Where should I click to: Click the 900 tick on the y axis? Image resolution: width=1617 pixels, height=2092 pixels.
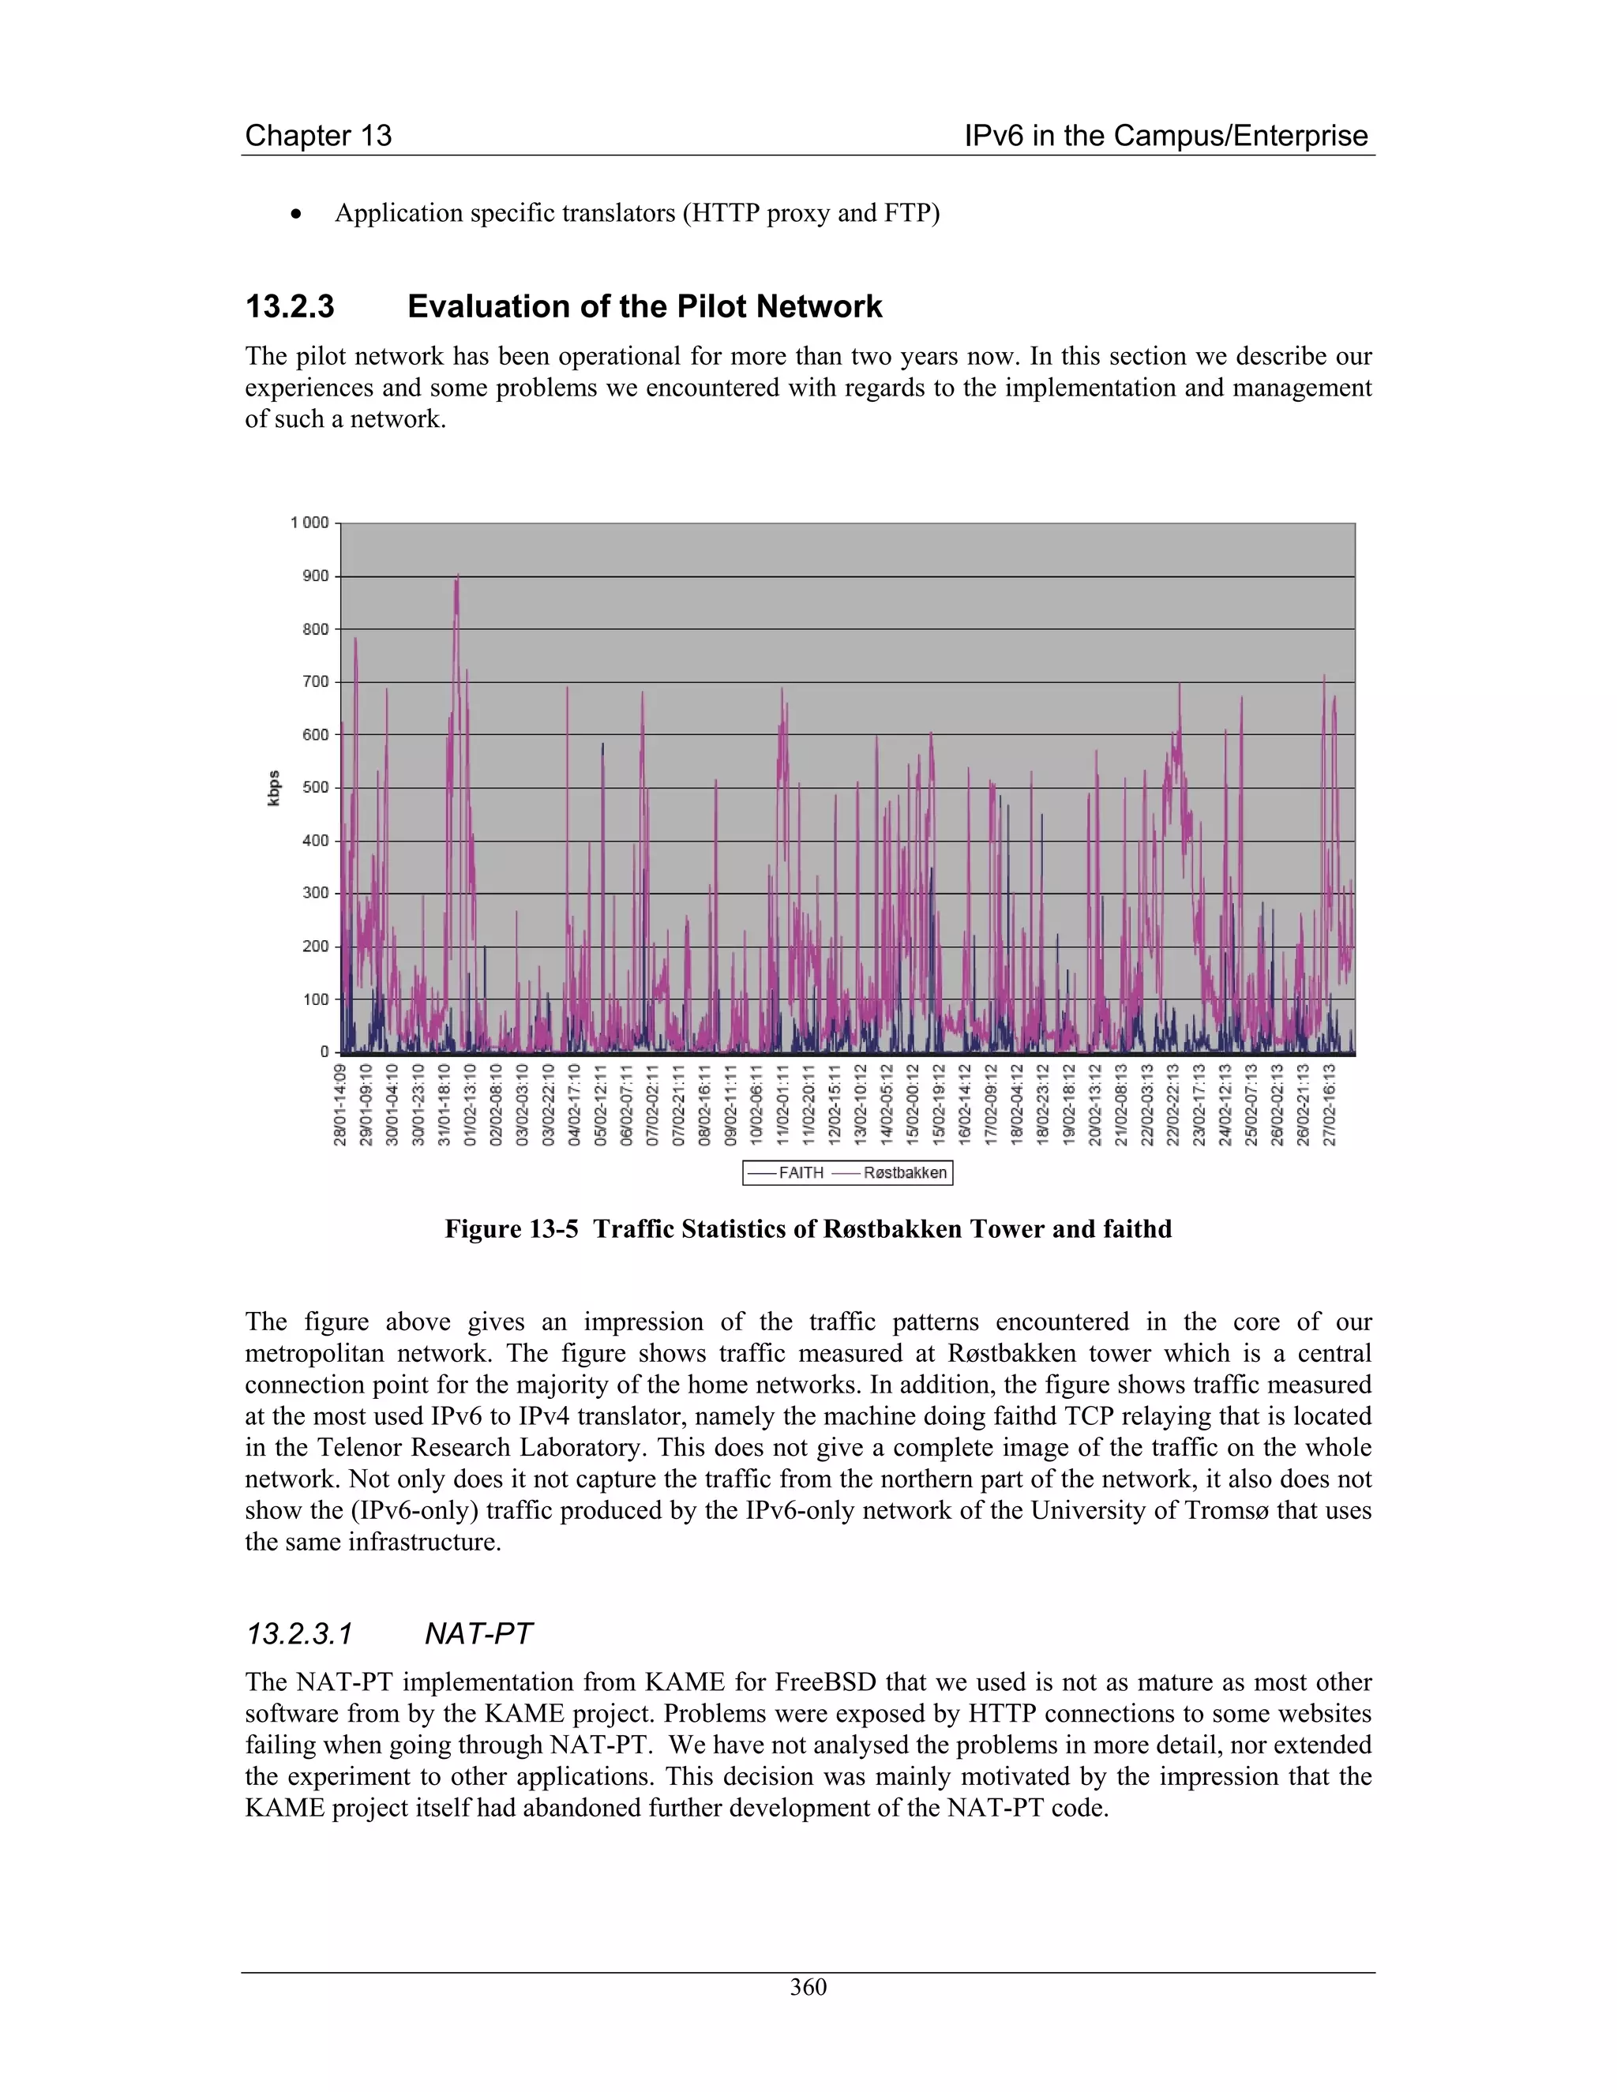pyautogui.click(x=315, y=575)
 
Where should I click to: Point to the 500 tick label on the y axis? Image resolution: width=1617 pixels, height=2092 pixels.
pyautogui.click(x=315, y=787)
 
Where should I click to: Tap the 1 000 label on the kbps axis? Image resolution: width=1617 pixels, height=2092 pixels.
pyautogui.click(x=309, y=522)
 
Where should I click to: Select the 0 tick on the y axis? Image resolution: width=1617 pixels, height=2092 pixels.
pyautogui.click(x=324, y=1052)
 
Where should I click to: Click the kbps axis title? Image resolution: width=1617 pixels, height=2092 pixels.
pyautogui.click(x=274, y=787)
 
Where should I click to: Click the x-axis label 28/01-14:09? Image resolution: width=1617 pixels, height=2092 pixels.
pyautogui.click(x=340, y=1104)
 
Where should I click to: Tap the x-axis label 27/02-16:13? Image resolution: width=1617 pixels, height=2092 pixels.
pyautogui.click(x=1330, y=1104)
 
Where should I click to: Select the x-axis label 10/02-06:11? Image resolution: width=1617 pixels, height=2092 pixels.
pyautogui.click(x=756, y=1104)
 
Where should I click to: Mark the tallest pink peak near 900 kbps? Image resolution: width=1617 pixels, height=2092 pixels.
pyautogui.click(x=457, y=576)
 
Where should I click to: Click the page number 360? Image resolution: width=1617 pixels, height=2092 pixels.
pyautogui.click(x=808, y=1987)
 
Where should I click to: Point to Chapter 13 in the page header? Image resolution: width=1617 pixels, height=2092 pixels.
pyautogui.click(x=318, y=135)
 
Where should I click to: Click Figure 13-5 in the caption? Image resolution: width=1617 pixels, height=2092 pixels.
pyautogui.click(x=512, y=1229)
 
